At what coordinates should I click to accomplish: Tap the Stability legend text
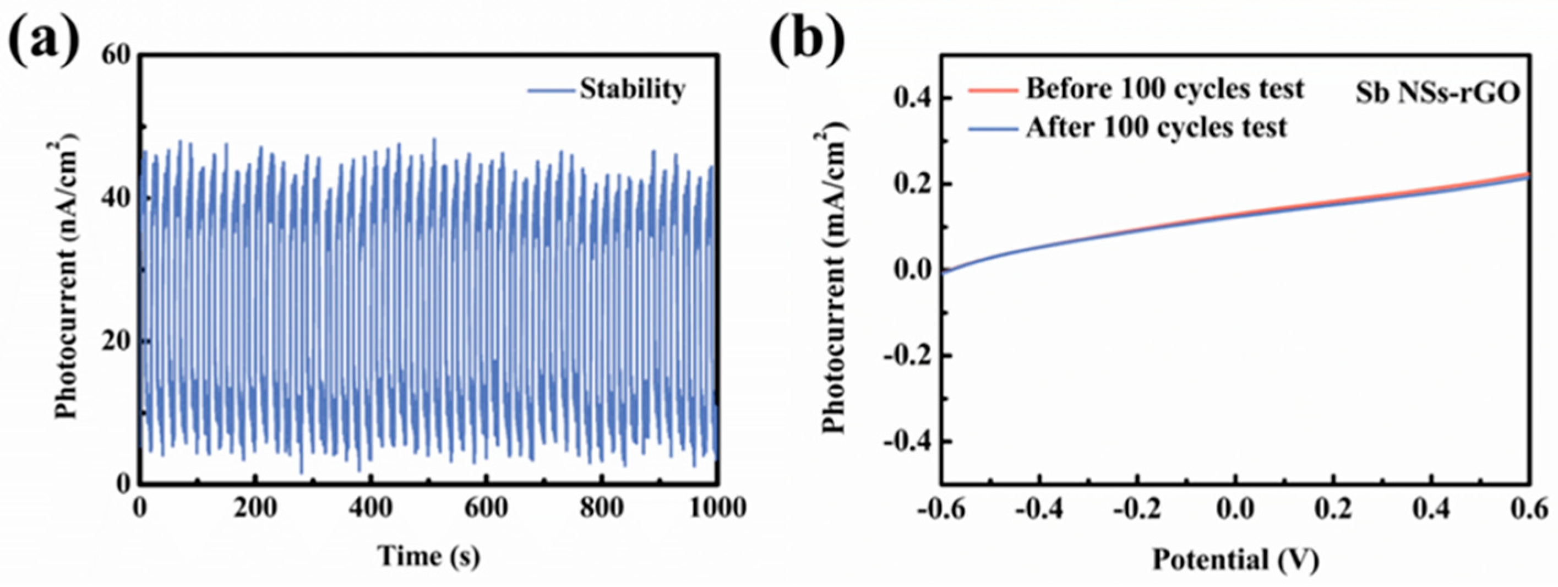[x=633, y=90]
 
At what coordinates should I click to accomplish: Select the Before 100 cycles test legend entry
[x=1165, y=90]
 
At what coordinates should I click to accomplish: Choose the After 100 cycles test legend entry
[x=1156, y=128]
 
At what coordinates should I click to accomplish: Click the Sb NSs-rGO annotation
[x=1437, y=94]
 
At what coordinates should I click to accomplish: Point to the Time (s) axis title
[x=429, y=556]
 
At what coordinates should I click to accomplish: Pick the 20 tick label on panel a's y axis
[x=116, y=341]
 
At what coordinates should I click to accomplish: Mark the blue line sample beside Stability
[x=551, y=91]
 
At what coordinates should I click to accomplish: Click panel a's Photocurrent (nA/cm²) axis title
[x=67, y=275]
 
